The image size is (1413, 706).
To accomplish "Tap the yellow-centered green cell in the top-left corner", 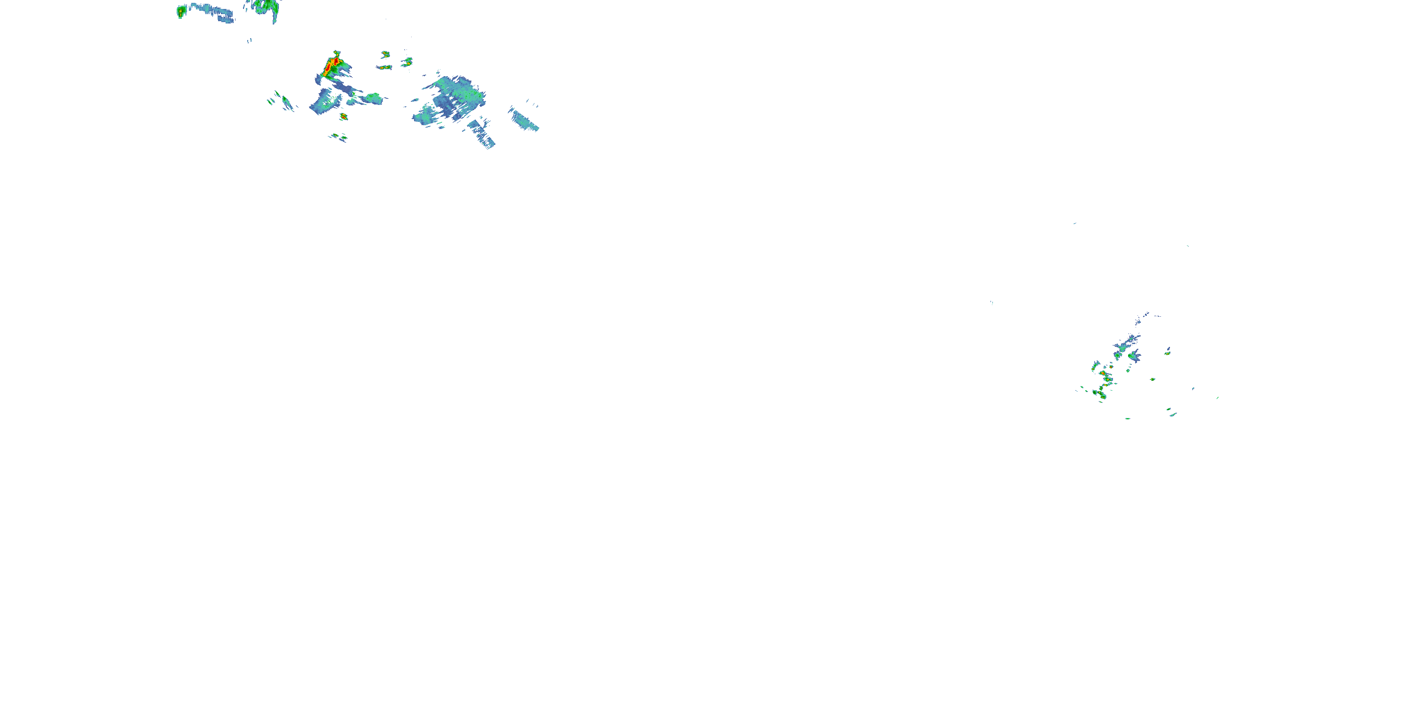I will point(181,11).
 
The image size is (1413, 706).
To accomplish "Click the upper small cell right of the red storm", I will point(386,54).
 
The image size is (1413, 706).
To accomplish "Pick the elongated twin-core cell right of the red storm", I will point(384,67).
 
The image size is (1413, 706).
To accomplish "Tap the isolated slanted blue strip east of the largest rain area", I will point(524,120).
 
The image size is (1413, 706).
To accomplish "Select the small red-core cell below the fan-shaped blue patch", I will point(343,116).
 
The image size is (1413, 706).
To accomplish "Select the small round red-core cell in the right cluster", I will point(1103,373).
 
